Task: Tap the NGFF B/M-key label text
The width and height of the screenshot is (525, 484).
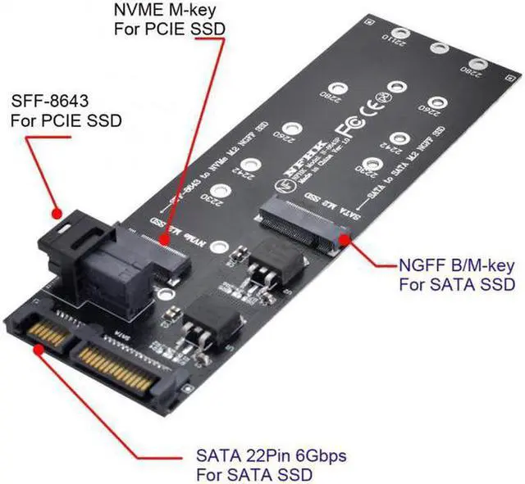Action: pyautogui.click(x=456, y=265)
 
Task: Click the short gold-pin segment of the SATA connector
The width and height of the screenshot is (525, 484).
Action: pyautogui.click(x=49, y=334)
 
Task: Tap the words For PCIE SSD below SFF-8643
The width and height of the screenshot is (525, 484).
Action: pyautogui.click(x=66, y=120)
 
